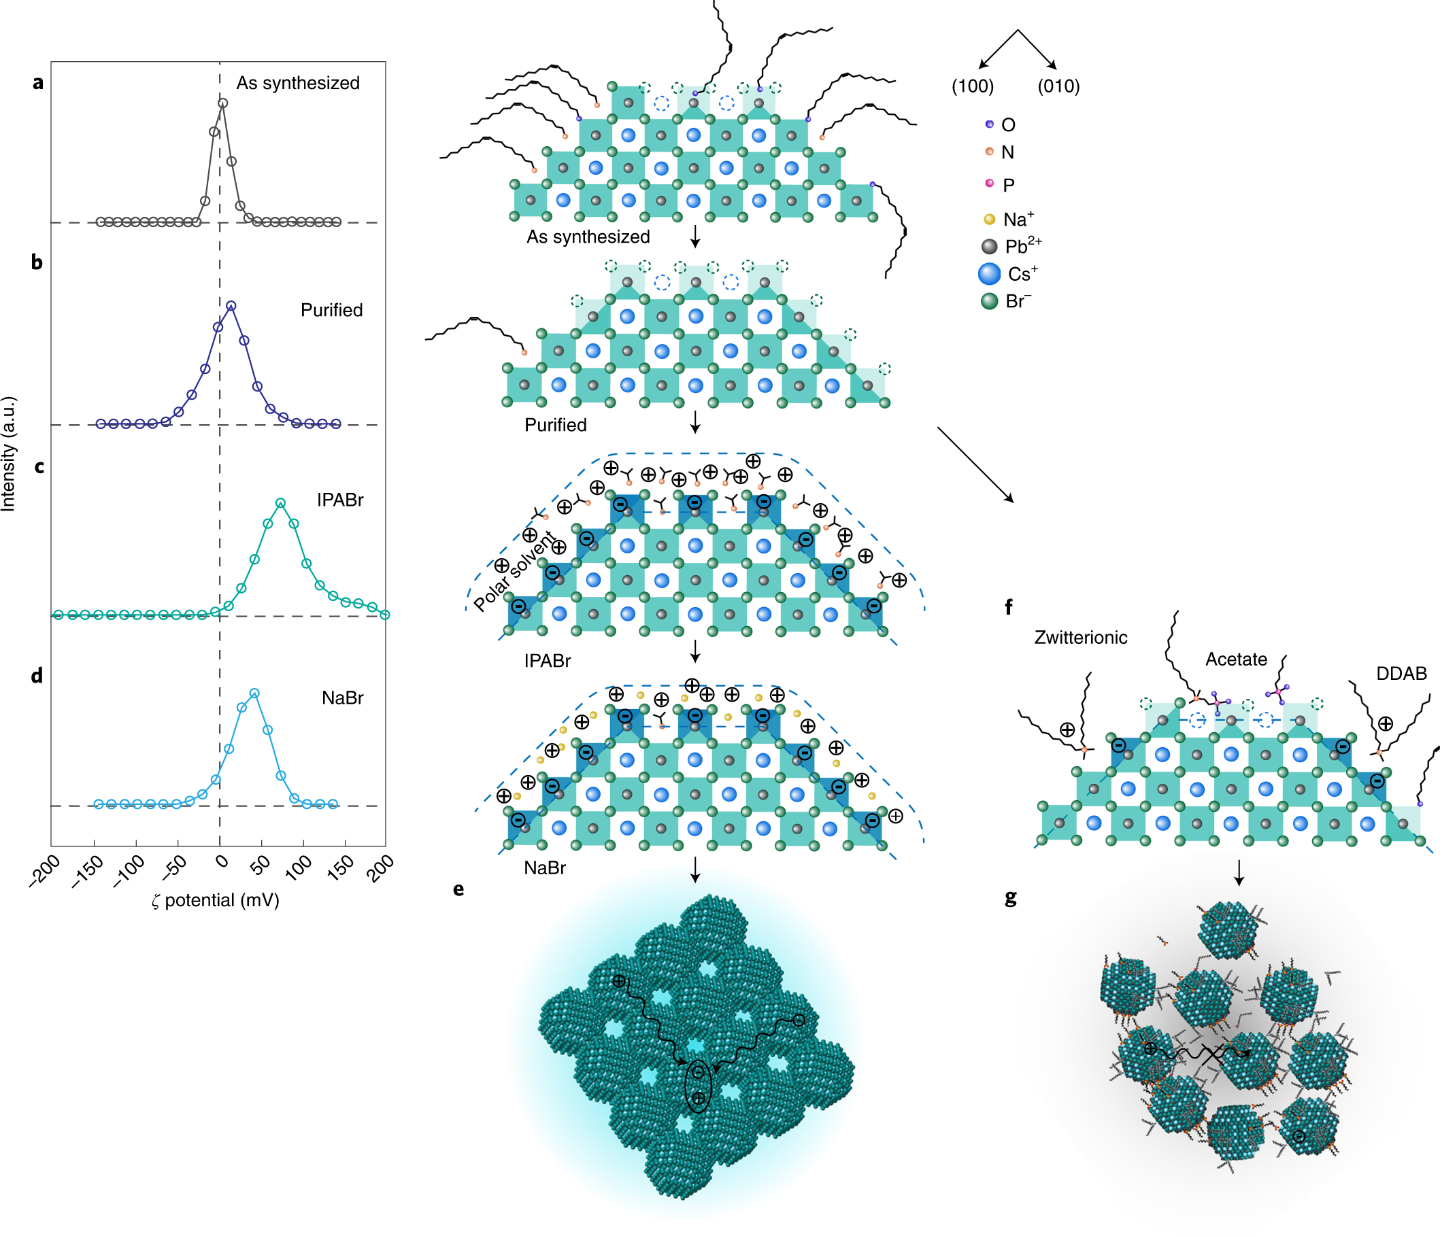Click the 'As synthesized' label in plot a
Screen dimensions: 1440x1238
pyautogui.click(x=297, y=83)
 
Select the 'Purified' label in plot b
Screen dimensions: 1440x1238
pyautogui.click(x=331, y=310)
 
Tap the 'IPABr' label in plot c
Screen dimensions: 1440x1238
pyautogui.click(x=340, y=500)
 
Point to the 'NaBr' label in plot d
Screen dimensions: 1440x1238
pyautogui.click(x=343, y=698)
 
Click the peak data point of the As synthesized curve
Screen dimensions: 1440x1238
pyautogui.click(x=222, y=103)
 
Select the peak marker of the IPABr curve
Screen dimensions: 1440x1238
pyautogui.click(x=280, y=502)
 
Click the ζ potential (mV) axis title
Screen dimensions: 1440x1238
pyautogui.click(x=216, y=900)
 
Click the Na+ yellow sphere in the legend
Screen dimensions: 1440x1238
pyautogui.click(x=990, y=220)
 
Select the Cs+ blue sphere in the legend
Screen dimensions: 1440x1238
pyautogui.click(x=990, y=274)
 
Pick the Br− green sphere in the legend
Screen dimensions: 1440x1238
pyautogui.click(x=990, y=300)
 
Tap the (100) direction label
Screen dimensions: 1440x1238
pyautogui.click(x=972, y=86)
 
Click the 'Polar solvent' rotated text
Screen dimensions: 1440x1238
pyautogui.click(x=514, y=571)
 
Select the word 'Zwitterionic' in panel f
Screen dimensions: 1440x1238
pyautogui.click(x=1081, y=637)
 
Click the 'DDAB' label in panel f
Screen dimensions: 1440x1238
pyautogui.click(x=1401, y=673)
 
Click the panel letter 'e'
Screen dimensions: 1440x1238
pyautogui.click(x=458, y=889)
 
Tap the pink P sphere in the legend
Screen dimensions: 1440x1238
pyautogui.click(x=990, y=184)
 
